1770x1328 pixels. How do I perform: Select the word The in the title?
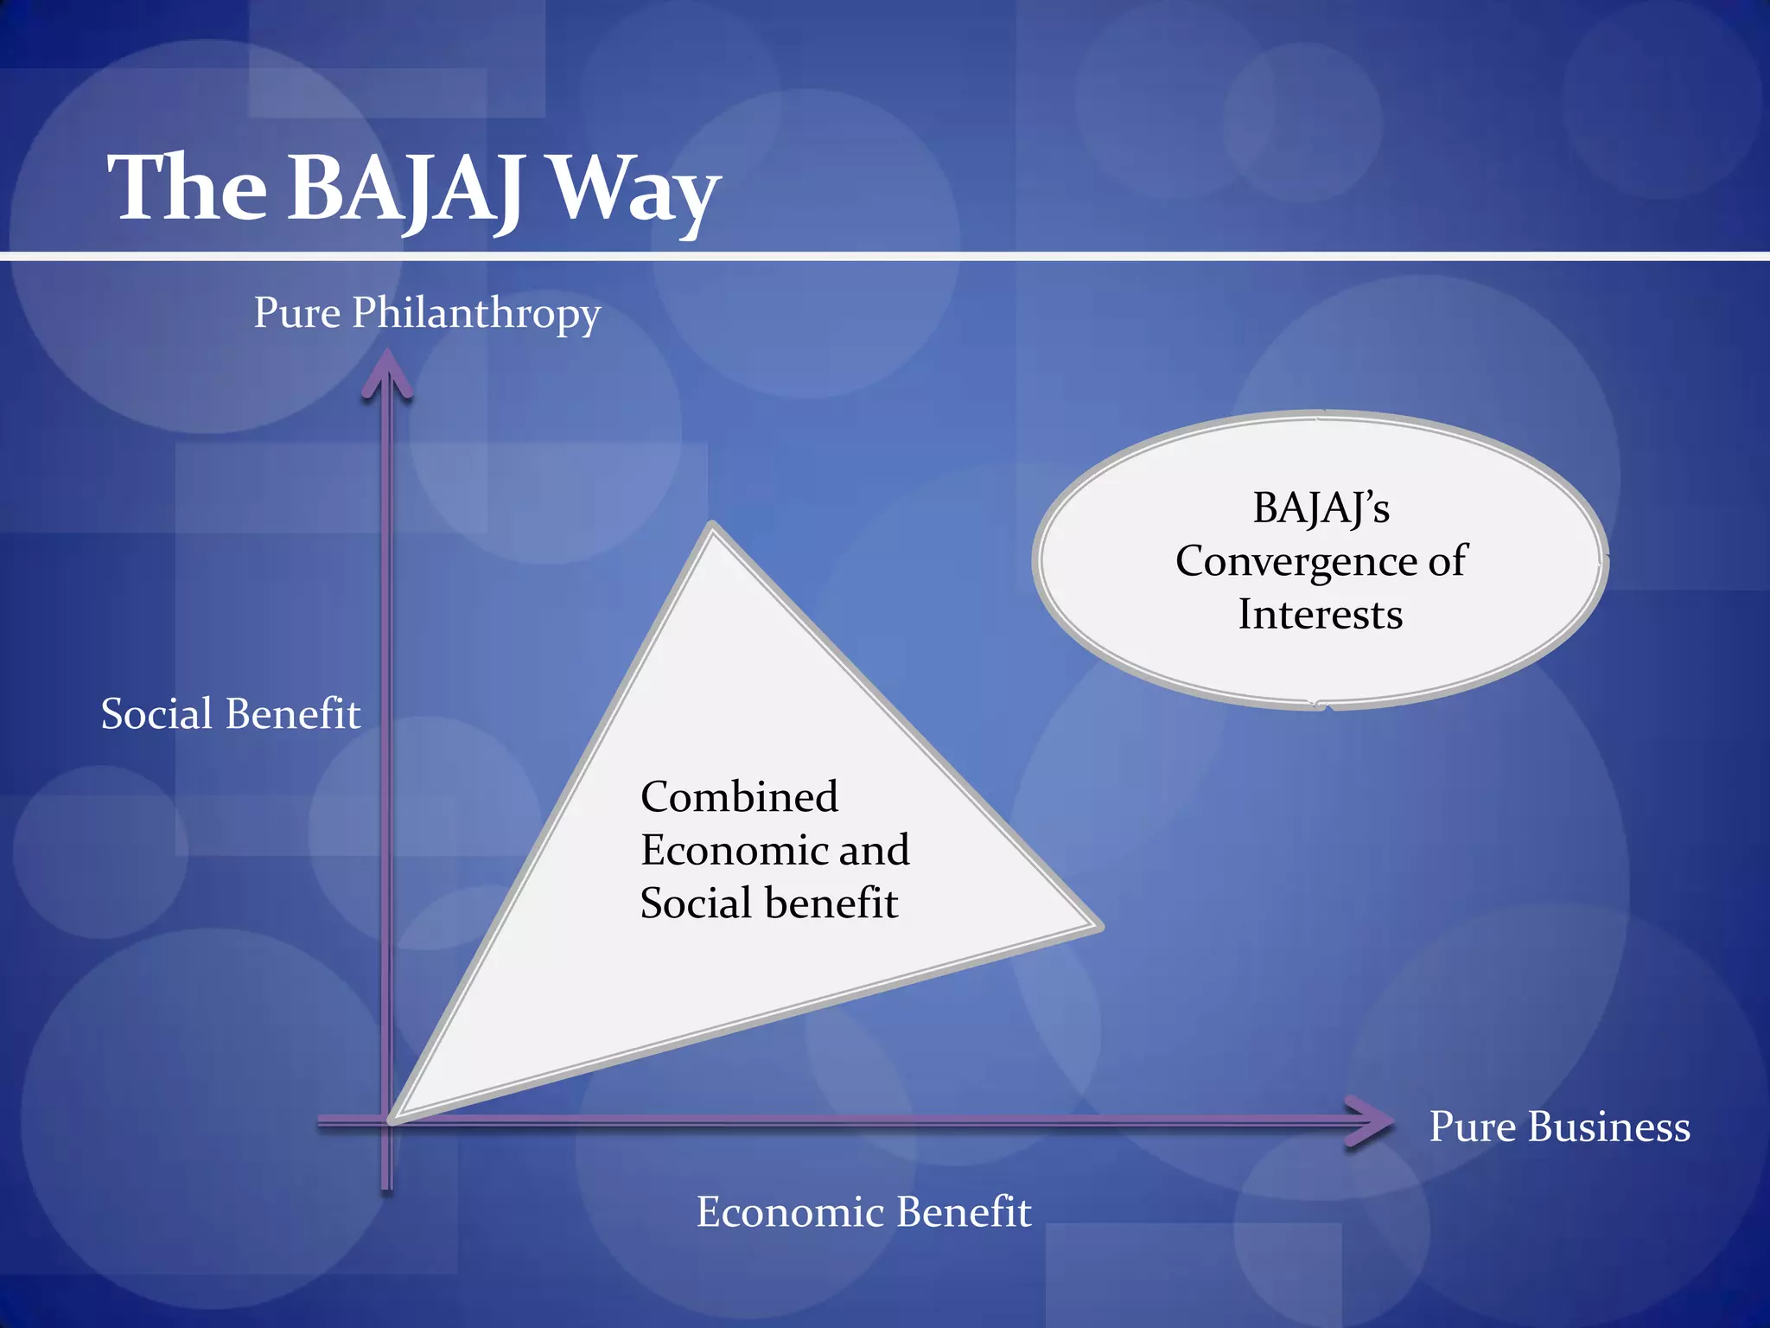[188, 188]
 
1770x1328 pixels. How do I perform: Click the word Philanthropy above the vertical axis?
[475, 314]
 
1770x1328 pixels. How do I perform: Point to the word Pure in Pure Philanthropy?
[296, 313]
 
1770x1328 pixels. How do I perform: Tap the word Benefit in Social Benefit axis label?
[293, 714]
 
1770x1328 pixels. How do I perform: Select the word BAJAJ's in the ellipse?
[1321, 508]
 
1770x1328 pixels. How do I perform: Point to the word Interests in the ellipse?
[1320, 615]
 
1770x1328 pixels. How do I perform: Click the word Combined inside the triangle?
[739, 796]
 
